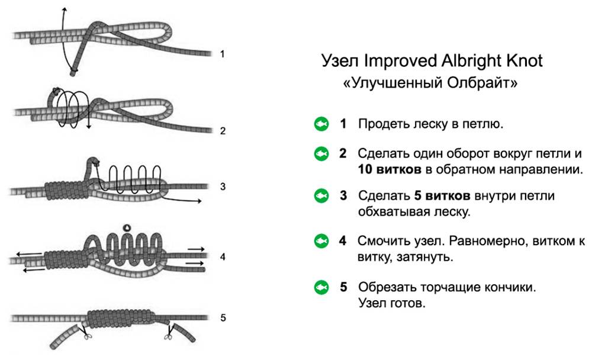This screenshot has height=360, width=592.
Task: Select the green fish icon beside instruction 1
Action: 321,124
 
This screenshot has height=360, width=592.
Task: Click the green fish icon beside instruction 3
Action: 321,195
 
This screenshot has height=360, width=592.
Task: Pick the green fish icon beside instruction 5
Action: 321,288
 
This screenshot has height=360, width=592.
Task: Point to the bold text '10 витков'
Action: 390,169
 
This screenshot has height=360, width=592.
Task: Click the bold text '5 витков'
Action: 442,195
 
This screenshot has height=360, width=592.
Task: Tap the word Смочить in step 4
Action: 384,241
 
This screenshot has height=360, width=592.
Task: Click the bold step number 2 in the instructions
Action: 343,153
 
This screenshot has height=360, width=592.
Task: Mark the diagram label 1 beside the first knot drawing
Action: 223,54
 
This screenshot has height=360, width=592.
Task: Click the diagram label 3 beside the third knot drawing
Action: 223,187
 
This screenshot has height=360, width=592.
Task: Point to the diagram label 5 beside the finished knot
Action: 223,318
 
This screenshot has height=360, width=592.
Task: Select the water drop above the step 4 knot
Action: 127,227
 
